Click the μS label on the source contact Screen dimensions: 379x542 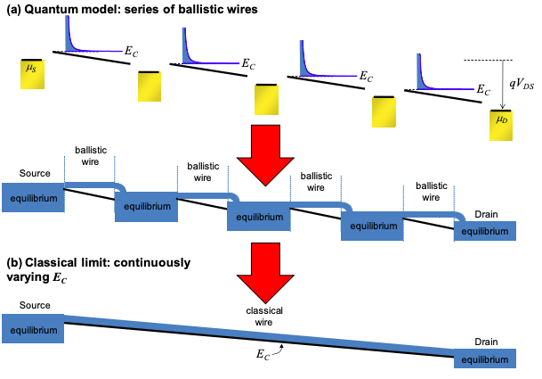tap(32, 66)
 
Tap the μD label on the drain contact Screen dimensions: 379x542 tap(502, 117)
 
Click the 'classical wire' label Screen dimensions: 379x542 tap(264, 317)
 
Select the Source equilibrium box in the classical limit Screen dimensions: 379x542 tap(34, 330)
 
